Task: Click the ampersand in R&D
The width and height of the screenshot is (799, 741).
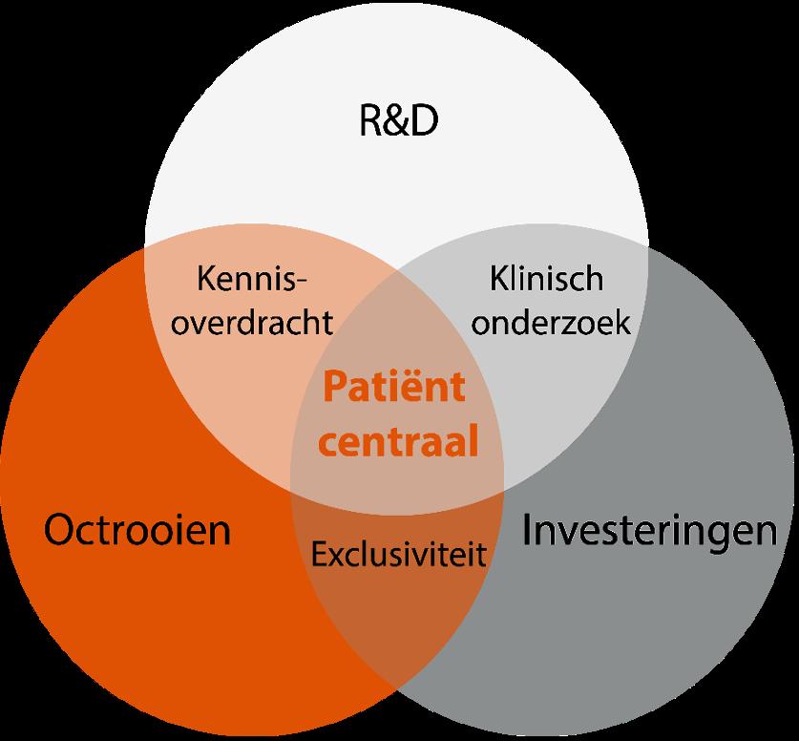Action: [397, 122]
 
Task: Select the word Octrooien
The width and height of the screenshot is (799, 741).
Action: [137, 529]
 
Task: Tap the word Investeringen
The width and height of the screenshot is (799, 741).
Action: [649, 531]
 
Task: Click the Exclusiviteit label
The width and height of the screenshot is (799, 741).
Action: [398, 553]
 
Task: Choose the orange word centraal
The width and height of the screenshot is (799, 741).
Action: [398, 442]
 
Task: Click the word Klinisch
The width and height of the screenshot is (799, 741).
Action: [546, 279]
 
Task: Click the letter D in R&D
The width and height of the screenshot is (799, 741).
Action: [423, 122]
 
